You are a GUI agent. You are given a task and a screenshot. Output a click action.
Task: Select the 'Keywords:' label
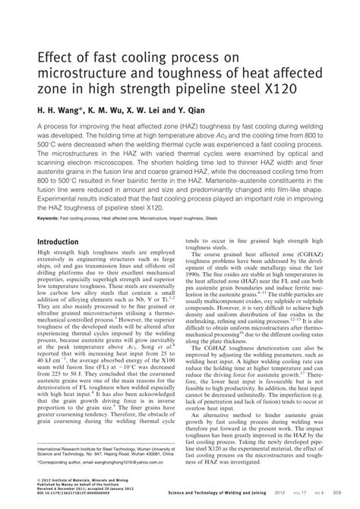pyautogui.click(x=49, y=217)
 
